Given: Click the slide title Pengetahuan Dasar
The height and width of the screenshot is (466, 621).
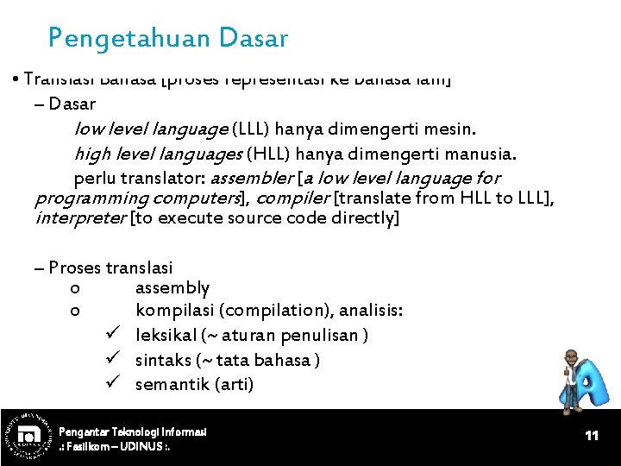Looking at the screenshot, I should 168,39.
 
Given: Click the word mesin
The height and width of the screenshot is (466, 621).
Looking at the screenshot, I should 451,129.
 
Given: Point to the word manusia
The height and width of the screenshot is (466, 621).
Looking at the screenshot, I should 484,154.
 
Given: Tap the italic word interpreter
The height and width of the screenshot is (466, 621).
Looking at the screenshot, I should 79,217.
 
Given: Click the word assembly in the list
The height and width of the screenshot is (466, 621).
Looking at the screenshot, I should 172,287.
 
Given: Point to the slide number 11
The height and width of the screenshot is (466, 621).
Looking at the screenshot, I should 592,436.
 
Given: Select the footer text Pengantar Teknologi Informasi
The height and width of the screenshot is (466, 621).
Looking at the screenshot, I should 133,431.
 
